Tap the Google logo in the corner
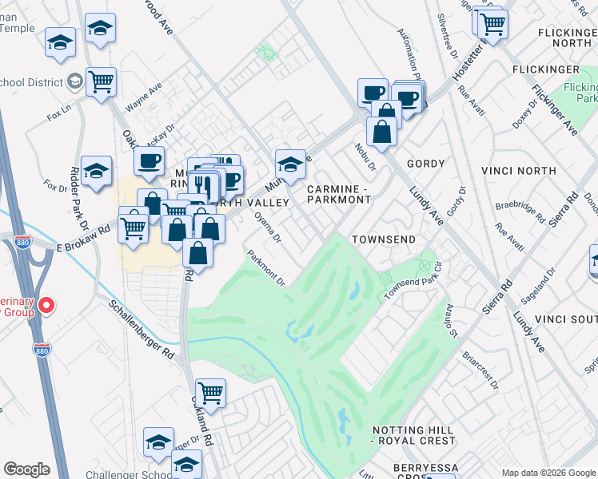click(26, 469)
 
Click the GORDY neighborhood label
click(425, 164)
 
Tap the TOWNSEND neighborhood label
click(384, 239)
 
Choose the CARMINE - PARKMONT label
click(340, 193)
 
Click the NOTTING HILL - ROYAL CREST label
click(413, 434)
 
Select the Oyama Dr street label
click(267, 226)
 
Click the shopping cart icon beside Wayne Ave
click(102, 81)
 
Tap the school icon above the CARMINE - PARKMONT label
click(291, 164)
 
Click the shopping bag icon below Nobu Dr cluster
click(382, 131)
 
